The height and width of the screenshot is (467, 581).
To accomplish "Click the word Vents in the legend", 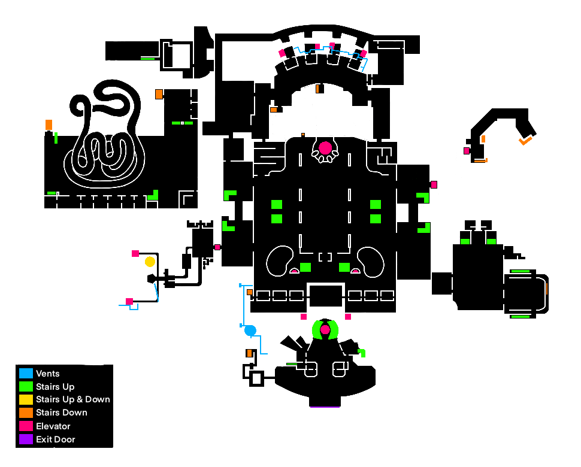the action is [47, 374].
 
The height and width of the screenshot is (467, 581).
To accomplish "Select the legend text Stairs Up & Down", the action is [73, 399].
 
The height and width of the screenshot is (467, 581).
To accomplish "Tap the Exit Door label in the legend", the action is [56, 439].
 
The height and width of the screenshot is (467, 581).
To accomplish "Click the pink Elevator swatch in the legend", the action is [26, 426].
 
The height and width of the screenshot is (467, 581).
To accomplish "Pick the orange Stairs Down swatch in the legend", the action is [26, 413].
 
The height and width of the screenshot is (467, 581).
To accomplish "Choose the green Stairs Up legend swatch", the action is [26, 386].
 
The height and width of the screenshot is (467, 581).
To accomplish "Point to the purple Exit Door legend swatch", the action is [26, 439].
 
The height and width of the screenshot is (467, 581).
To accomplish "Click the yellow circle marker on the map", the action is [150, 262].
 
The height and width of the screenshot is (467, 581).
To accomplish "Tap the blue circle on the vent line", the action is [250, 330].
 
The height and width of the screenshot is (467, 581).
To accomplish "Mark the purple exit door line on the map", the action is [325, 407].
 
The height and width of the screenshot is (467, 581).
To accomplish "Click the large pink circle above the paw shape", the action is [325, 148].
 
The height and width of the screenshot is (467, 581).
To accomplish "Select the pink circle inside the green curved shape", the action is [325, 329].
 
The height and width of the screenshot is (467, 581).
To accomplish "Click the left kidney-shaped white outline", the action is [268, 260].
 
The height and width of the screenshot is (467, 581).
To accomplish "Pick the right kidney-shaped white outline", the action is [383, 260].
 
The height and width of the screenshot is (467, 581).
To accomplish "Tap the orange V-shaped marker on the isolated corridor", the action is [526, 141].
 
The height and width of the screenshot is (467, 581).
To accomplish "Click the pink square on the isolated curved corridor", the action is [467, 151].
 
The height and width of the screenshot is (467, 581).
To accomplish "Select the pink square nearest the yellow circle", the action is [135, 254].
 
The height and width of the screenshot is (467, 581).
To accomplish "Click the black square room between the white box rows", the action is [326, 296].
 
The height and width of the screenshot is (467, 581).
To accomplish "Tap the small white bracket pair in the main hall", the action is [325, 257].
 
